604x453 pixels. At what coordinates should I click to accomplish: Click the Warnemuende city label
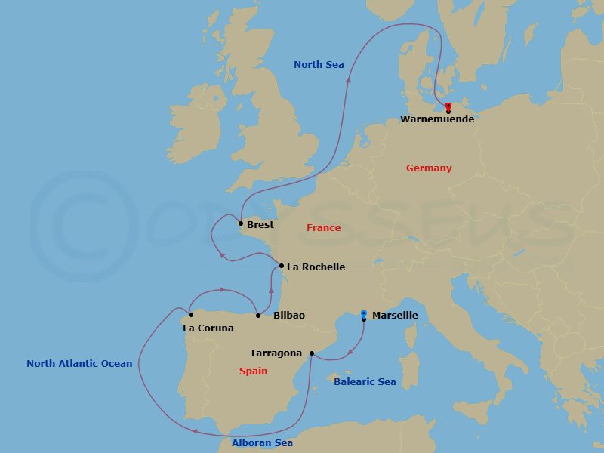[x=437, y=119]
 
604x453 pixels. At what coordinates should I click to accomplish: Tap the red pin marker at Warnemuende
[x=448, y=106]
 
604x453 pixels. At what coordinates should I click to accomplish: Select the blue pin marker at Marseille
[x=364, y=314]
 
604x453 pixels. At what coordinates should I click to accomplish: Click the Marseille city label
[x=395, y=316]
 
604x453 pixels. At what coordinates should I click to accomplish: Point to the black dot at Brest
[x=240, y=223]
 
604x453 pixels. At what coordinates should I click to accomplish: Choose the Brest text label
[x=260, y=225]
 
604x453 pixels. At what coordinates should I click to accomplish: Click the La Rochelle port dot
[x=281, y=266]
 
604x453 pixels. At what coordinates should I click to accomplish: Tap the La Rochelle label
[x=316, y=267]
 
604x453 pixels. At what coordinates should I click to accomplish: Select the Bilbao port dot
[x=258, y=315]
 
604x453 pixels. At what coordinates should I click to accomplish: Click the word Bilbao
[x=289, y=316]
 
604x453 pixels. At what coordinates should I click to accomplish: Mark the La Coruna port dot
[x=190, y=315]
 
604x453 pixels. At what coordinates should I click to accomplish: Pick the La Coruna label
[x=208, y=328]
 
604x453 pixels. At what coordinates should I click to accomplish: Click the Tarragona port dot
[x=312, y=353]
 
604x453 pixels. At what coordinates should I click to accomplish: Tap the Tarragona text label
[x=276, y=353]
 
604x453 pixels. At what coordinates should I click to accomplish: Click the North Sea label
[x=319, y=65]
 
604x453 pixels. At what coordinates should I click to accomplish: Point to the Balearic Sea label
[x=365, y=382]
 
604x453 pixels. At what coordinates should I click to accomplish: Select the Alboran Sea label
[x=262, y=443]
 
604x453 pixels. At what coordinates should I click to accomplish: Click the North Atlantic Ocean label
[x=79, y=364]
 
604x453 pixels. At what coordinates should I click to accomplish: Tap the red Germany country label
[x=429, y=168]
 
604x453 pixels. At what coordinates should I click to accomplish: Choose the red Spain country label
[x=253, y=371]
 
